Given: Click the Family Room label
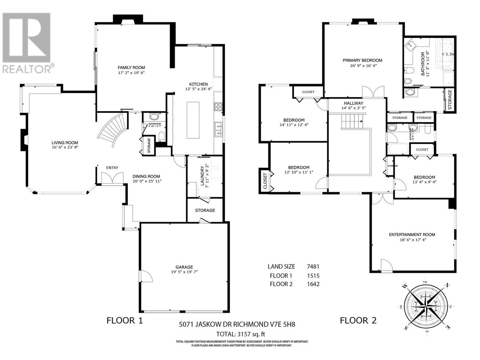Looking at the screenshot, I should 131,67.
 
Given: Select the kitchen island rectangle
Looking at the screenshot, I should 193,120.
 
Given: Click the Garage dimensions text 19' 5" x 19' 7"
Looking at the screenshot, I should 184,272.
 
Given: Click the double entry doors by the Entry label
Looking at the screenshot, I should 112,178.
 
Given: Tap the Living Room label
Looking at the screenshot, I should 65,143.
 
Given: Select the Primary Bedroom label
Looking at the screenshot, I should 362,60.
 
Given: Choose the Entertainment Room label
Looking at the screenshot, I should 412,235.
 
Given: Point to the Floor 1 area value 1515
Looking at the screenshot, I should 313,276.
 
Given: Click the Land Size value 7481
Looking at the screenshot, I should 313,266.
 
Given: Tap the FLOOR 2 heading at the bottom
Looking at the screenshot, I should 358,320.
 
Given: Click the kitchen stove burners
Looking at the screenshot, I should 218,106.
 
